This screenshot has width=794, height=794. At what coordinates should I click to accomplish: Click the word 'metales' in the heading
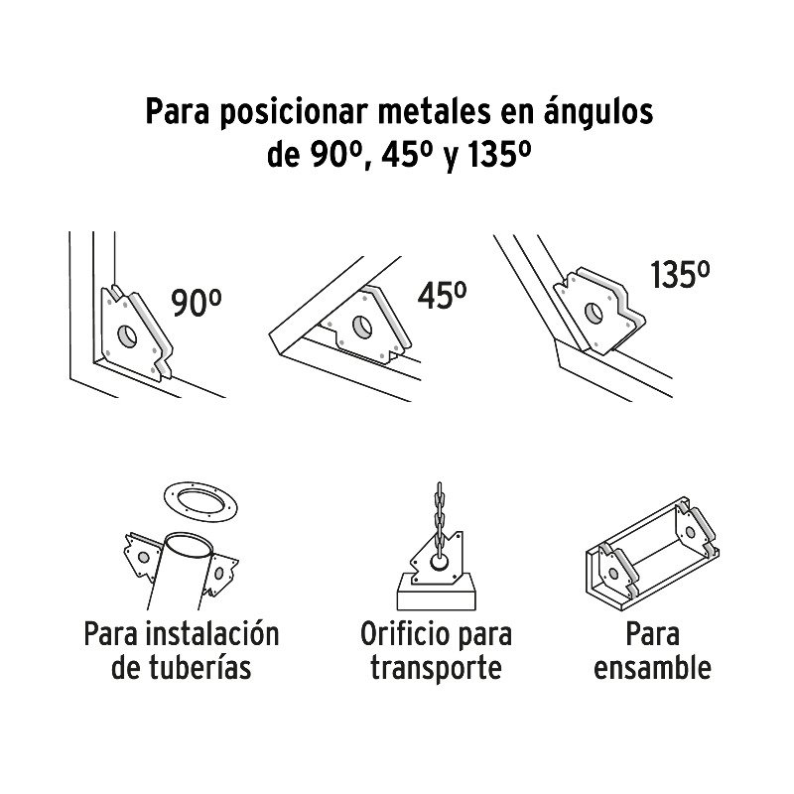coord(435,111)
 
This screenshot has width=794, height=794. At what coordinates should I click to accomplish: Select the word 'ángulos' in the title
coord(598,112)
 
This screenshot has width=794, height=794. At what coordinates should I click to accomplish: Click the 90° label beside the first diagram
coord(196,303)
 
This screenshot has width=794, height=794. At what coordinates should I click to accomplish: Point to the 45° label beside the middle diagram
coord(442,295)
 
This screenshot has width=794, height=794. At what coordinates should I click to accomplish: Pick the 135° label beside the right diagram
coord(680,275)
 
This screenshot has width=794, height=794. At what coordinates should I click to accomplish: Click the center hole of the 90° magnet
coord(127,335)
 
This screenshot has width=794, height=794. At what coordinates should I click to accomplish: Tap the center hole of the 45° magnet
coord(362,327)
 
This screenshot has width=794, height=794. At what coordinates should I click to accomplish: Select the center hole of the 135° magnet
coord(594,313)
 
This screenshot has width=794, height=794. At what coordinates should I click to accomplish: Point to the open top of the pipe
coord(190,545)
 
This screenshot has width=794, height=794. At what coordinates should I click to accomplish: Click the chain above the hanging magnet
coord(439,522)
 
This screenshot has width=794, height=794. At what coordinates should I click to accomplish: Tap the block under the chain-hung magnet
coord(436,592)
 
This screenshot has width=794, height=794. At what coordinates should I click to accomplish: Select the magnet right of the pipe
coord(220,574)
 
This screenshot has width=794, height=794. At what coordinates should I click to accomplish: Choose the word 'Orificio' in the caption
coord(400,634)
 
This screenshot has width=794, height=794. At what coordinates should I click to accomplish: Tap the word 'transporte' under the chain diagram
coord(436,668)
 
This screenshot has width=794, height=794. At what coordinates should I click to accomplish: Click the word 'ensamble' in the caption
coord(652,668)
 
